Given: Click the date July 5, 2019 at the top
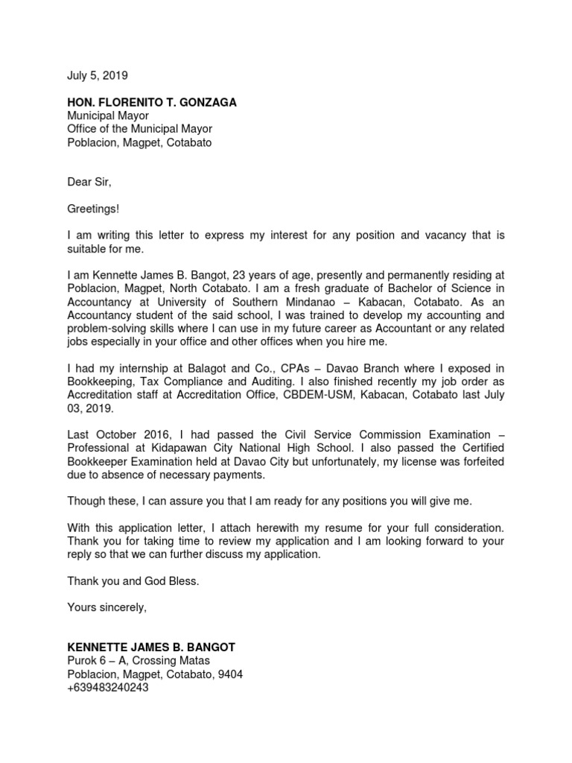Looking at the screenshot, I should pyautogui.click(x=98, y=75).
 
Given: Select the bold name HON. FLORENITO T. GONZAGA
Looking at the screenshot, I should pyautogui.click(x=152, y=102).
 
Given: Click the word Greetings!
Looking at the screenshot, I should pyautogui.click(x=92, y=209).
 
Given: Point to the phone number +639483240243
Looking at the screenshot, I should pyautogui.click(x=108, y=688).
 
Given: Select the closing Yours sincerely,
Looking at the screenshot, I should pyautogui.click(x=107, y=607).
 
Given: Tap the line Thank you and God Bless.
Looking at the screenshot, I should pyautogui.click(x=133, y=581).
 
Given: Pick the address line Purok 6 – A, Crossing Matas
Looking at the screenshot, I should pyautogui.click(x=139, y=661).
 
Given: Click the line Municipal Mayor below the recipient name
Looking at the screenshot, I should pyautogui.click(x=108, y=115).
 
